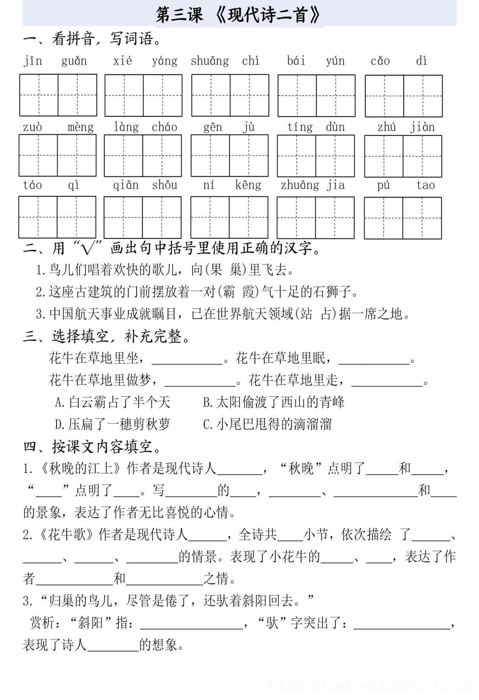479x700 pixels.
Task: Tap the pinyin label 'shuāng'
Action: [x=209, y=61]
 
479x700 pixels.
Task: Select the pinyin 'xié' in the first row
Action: [x=123, y=61]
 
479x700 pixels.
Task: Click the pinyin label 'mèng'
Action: [x=80, y=127]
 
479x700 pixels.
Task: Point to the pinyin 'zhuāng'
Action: [x=299, y=185]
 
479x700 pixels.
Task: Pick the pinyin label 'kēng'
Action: [x=248, y=185]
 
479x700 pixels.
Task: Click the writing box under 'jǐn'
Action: [x=39, y=95]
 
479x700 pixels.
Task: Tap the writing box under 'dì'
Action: [x=422, y=96]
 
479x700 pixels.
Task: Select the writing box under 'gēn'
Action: [x=210, y=156]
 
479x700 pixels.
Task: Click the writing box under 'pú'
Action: [x=383, y=218]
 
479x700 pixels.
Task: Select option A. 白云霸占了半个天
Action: [x=112, y=402]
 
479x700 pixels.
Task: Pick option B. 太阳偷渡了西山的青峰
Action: [x=274, y=402]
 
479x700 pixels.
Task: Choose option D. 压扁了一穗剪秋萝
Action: [x=112, y=424]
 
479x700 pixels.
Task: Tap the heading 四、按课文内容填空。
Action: [x=92, y=447]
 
